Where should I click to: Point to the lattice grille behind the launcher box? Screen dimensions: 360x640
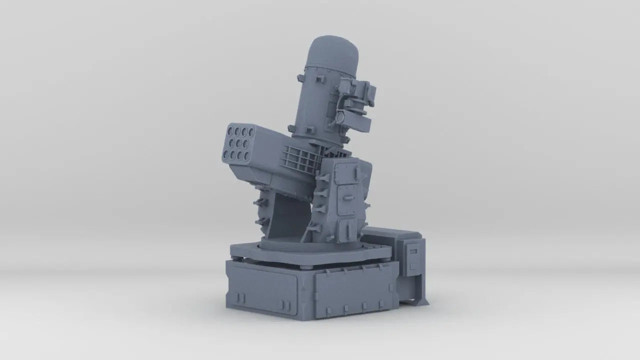(x=300, y=157)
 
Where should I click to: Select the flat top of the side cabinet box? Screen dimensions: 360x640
(x=392, y=231)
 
